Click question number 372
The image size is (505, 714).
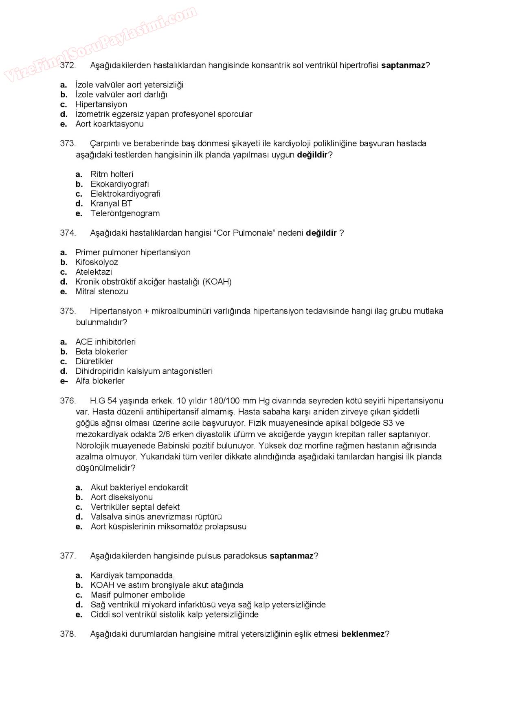point(68,65)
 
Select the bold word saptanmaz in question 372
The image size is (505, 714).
point(403,65)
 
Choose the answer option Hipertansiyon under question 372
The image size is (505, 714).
point(101,104)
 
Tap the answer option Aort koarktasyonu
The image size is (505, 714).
point(109,124)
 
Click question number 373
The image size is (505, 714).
point(68,143)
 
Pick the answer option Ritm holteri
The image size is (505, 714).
point(112,174)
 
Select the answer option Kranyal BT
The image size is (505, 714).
point(111,204)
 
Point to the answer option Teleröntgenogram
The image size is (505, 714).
point(125,213)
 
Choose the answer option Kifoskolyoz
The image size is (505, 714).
point(97,262)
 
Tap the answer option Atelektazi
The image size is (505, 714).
point(94,272)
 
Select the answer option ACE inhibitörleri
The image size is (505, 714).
point(105,342)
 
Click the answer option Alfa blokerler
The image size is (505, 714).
point(100,381)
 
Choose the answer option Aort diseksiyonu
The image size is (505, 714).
point(122,497)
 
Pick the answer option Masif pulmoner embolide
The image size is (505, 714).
point(138,595)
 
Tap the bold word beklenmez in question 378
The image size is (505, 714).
point(363,634)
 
